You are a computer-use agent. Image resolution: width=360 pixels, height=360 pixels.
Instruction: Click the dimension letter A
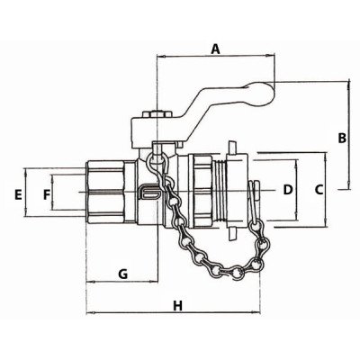pyautogui.click(x=214, y=49)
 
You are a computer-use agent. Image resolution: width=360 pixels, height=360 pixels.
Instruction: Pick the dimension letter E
pyautogui.click(x=17, y=193)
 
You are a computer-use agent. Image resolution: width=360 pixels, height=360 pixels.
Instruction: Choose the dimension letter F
pyautogui.click(x=47, y=193)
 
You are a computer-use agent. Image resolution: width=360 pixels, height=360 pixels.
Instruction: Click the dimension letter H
pyautogui.click(x=177, y=305)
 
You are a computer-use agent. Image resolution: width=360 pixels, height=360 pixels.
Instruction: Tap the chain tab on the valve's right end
pyautogui.click(x=256, y=193)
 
